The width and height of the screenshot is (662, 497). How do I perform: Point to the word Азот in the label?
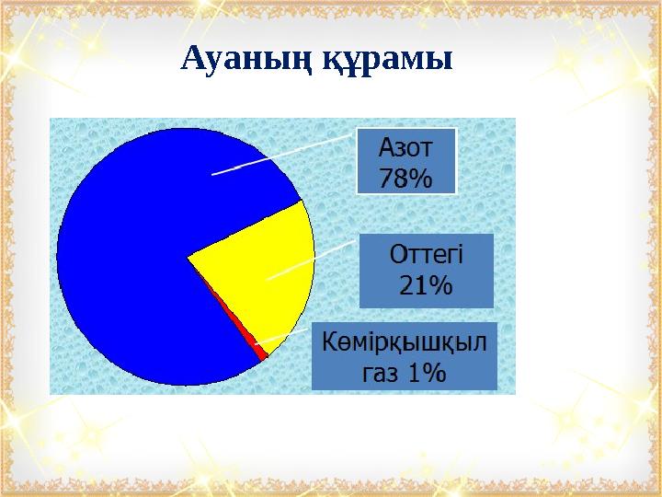click(x=405, y=147)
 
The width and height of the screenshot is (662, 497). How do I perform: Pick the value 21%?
click(x=426, y=286)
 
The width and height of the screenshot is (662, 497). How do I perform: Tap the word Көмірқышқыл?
click(x=405, y=341)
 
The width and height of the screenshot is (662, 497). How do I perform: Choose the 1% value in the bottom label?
click(x=428, y=372)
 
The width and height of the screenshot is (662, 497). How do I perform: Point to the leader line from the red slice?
click(x=280, y=338)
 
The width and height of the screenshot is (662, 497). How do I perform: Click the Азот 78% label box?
click(x=405, y=162)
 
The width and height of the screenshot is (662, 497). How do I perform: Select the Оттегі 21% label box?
click(x=426, y=271)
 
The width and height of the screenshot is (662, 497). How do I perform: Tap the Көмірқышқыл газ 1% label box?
click(x=405, y=356)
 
